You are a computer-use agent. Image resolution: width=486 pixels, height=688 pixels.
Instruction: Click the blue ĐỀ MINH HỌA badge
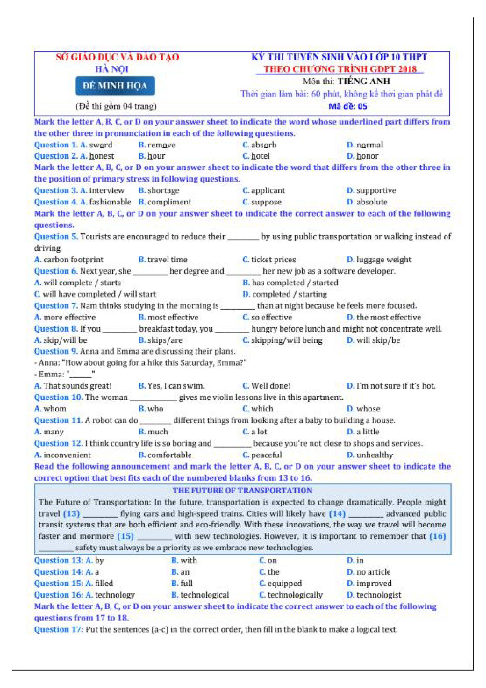pos(115,86)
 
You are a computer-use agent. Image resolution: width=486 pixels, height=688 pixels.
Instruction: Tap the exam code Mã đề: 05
pos(347,106)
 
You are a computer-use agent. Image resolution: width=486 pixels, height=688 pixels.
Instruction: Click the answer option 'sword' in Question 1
pos(101,145)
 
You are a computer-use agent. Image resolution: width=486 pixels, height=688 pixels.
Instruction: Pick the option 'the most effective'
pos(388,317)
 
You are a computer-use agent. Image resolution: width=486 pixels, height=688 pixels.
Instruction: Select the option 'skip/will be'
pos(65,340)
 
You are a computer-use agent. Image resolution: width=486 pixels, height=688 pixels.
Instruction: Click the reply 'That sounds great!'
pos(77,386)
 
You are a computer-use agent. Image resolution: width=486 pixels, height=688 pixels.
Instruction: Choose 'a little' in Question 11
pos(367,432)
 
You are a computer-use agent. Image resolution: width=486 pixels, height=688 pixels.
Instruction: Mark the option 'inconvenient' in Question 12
pos(67,455)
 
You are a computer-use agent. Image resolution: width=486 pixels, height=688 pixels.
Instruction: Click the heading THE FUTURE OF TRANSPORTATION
pos(242,491)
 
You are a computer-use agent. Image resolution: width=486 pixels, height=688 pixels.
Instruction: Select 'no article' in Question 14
pos(373,572)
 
